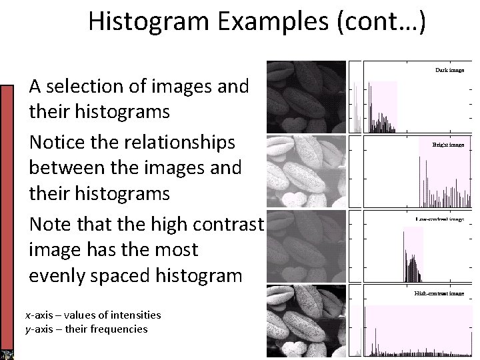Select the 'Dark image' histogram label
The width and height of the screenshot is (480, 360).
pyautogui.click(x=450, y=69)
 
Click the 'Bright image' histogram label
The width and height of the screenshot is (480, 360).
pyautogui.click(x=448, y=144)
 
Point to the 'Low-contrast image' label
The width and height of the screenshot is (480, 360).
pyautogui.click(x=439, y=219)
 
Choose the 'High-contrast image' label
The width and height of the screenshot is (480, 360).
pyautogui.click(x=439, y=293)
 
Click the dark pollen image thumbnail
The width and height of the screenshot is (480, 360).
pyautogui.click(x=306, y=97)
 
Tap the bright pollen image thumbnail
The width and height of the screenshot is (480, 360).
pyautogui.click(x=306, y=171)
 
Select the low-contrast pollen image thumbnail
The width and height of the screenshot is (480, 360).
pyautogui.click(x=306, y=247)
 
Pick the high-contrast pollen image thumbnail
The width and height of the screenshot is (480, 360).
pyautogui.click(x=306, y=322)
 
